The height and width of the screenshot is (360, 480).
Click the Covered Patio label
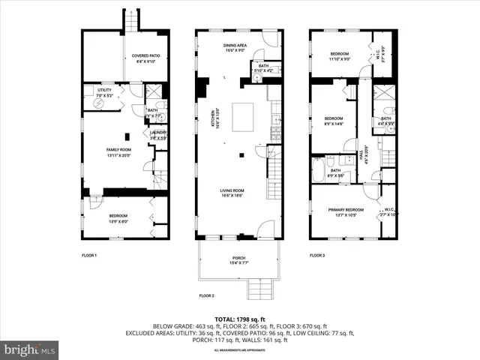(x=145, y=58)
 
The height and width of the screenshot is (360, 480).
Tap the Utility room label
(x=103, y=92)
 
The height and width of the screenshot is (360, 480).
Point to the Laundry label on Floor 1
(x=157, y=135)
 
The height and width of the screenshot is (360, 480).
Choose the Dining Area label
(x=235, y=49)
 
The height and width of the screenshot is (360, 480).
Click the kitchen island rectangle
(x=244, y=118)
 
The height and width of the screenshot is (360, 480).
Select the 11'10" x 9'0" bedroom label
(x=340, y=57)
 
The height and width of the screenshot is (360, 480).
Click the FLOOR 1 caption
(x=89, y=256)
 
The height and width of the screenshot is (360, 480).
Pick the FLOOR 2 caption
(x=206, y=295)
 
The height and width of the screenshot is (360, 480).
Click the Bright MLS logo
(x=30, y=349)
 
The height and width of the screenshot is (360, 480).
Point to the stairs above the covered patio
(x=131, y=22)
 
